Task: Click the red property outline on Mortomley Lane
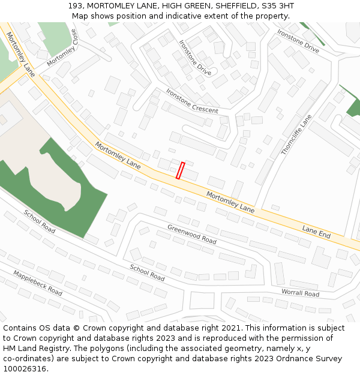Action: pos(180,170)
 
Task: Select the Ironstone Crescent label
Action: pos(192,101)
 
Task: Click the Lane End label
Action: pos(316,233)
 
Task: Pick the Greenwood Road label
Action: pos(191,234)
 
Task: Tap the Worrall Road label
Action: pos(300,293)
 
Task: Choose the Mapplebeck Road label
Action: pos(37,283)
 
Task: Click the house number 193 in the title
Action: pos(76,6)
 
